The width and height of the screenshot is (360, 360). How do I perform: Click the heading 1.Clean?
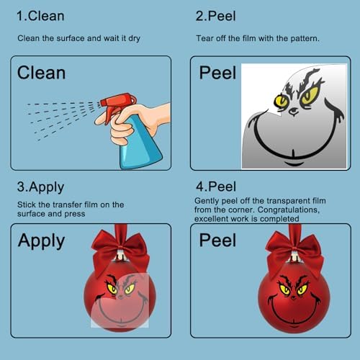click(x=40, y=17)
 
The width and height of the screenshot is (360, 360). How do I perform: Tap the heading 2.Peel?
click(x=215, y=17)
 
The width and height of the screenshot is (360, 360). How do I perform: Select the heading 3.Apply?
click(x=40, y=187)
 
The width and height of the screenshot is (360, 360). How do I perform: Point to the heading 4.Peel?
click(x=216, y=186)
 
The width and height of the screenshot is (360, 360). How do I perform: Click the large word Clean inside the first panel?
click(x=41, y=73)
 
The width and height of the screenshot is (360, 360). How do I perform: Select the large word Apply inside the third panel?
click(x=41, y=240)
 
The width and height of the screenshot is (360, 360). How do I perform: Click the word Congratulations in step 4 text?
click(x=289, y=210)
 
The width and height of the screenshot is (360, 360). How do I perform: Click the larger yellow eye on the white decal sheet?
click(x=310, y=96)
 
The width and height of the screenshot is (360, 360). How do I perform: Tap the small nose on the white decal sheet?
click(x=293, y=112)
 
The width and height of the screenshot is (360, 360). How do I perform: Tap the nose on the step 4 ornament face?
click(x=293, y=298)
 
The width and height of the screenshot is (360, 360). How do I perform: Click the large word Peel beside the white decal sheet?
click(x=217, y=73)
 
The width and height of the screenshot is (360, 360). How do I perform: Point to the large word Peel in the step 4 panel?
click(x=217, y=240)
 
